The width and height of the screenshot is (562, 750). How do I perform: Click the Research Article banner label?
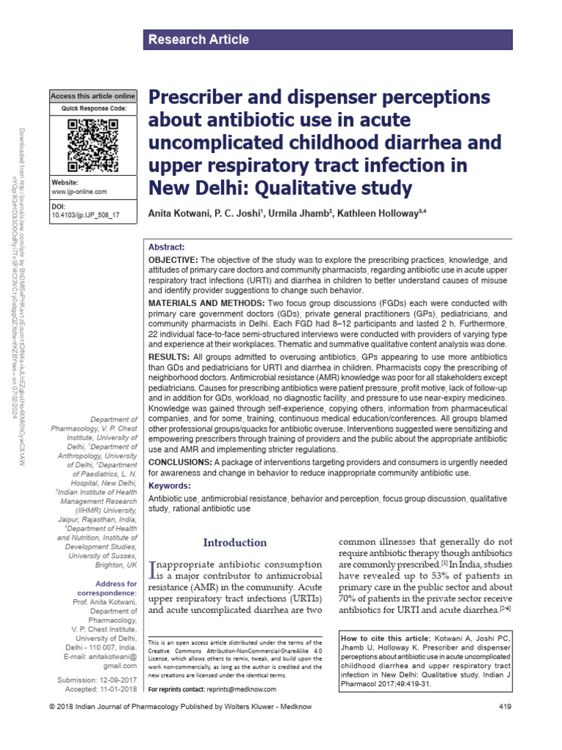coord(199,40)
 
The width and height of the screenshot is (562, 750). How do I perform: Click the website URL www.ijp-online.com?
coord(79,192)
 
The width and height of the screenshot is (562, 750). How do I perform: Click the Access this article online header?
coord(93,96)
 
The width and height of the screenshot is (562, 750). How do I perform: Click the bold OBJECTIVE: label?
coord(173,260)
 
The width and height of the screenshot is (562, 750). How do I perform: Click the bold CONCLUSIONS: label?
coord(180,462)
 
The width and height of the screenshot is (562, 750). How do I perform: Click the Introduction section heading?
coord(235,543)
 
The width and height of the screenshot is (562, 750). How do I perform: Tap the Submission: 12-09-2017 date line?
coord(97,680)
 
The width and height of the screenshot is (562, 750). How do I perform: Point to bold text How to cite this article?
coord(386,639)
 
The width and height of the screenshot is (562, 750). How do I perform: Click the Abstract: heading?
coord(167,248)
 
